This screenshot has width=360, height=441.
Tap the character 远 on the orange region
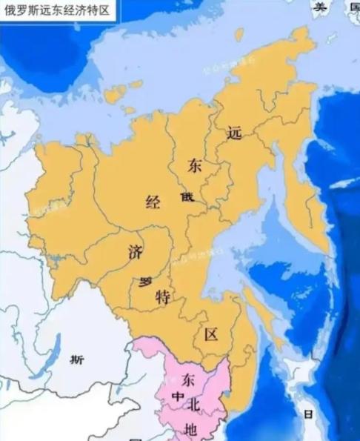tap(235, 134)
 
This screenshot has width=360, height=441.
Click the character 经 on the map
tap(153, 202)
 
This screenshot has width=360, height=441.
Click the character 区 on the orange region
tap(211, 334)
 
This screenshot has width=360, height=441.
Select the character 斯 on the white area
tap(77, 360)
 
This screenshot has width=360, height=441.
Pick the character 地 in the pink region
tap(190, 429)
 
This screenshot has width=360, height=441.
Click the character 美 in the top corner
tap(320, 7)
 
